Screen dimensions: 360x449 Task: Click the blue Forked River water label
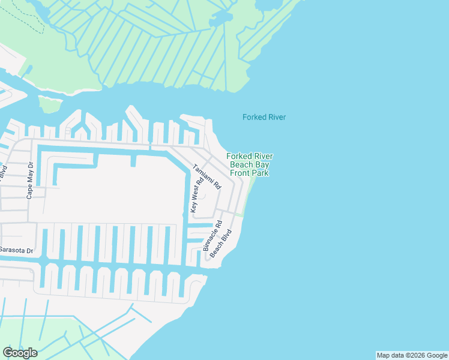point(264,117)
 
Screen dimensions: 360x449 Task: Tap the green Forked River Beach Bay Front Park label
point(249,164)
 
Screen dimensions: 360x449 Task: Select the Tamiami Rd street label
point(206,178)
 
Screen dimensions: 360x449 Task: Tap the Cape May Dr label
point(29,181)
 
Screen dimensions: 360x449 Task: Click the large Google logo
point(20,353)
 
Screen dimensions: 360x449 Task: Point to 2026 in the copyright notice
point(415,355)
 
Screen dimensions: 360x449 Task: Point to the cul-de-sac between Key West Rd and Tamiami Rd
point(202,196)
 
